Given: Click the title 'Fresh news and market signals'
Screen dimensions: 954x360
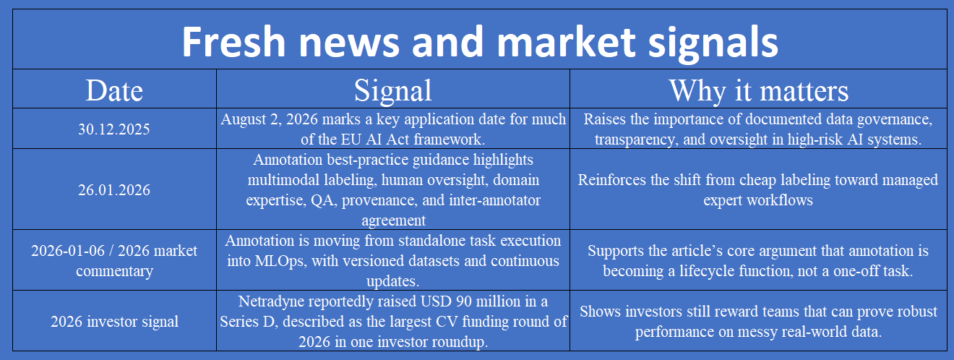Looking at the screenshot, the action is tap(480, 42).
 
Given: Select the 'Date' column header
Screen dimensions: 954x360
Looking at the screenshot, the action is tap(114, 90).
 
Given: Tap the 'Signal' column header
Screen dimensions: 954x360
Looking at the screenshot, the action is tap(392, 90).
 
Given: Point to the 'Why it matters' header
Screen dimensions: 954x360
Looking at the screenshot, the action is tap(759, 90).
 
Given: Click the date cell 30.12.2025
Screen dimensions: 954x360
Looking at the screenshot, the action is tap(114, 129).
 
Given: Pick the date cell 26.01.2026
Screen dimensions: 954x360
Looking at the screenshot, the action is tap(114, 189).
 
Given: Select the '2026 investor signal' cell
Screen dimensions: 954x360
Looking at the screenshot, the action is tap(114, 321).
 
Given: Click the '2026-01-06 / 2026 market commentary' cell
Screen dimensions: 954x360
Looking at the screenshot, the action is tap(114, 261).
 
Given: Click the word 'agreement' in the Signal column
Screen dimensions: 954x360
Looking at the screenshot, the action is tap(393, 220).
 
